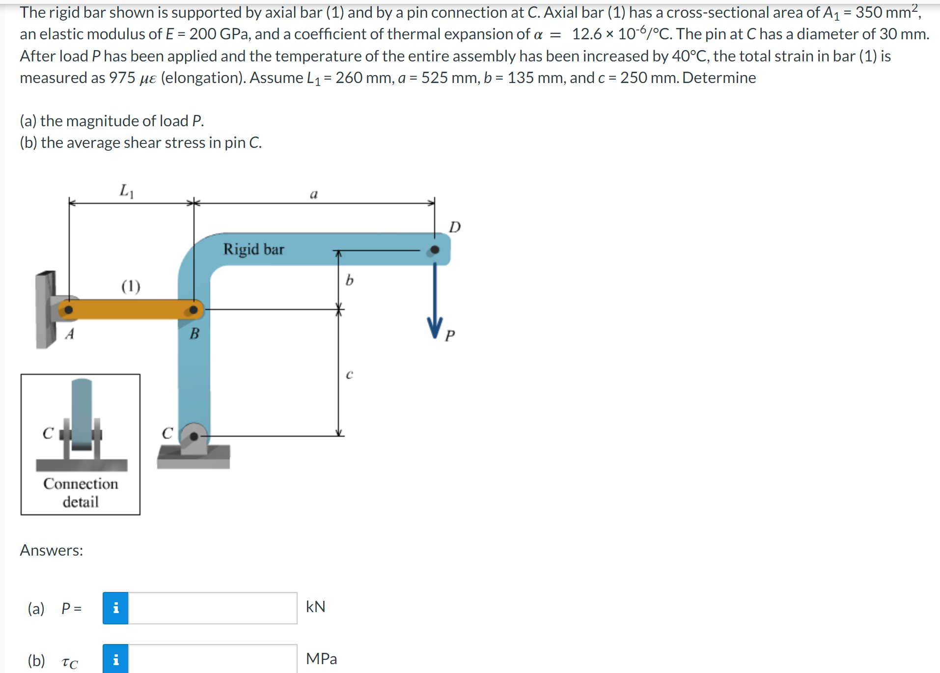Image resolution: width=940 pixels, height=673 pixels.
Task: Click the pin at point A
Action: click(69, 309)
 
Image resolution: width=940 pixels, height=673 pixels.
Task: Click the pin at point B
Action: click(194, 309)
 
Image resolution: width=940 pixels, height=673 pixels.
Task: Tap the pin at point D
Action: click(435, 250)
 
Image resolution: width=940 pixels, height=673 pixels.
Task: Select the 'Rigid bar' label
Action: click(253, 249)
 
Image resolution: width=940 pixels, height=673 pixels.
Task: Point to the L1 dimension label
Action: click(127, 191)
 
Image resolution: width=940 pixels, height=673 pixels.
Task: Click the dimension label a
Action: click(314, 194)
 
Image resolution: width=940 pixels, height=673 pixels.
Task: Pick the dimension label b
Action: click(349, 280)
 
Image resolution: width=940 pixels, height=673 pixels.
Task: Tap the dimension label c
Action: click(349, 374)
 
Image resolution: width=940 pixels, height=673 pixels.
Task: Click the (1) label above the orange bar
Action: click(131, 286)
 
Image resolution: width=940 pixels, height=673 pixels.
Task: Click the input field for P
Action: click(212, 608)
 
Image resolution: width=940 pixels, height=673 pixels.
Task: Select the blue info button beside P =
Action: click(115, 608)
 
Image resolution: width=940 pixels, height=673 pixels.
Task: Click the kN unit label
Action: click(315, 607)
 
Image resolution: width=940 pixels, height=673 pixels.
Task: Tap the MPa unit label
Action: click(321, 659)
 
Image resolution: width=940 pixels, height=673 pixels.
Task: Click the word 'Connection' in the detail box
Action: click(81, 484)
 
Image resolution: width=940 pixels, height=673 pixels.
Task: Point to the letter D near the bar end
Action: click(455, 227)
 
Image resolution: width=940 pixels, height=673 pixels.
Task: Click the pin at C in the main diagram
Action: click(194, 436)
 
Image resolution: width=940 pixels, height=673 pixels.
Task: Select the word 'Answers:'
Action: click(52, 550)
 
